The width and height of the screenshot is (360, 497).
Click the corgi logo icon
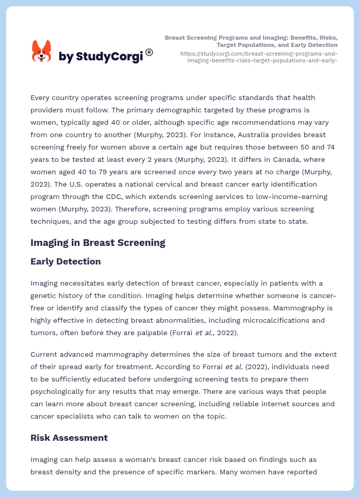42,52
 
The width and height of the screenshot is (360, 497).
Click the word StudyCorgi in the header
109,57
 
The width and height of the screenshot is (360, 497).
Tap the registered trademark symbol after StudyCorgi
149,52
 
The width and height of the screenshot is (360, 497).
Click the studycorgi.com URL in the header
258,57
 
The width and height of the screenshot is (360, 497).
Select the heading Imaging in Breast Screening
97,242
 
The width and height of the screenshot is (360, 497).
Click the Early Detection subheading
66,261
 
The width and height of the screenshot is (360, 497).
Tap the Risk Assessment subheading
69,438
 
